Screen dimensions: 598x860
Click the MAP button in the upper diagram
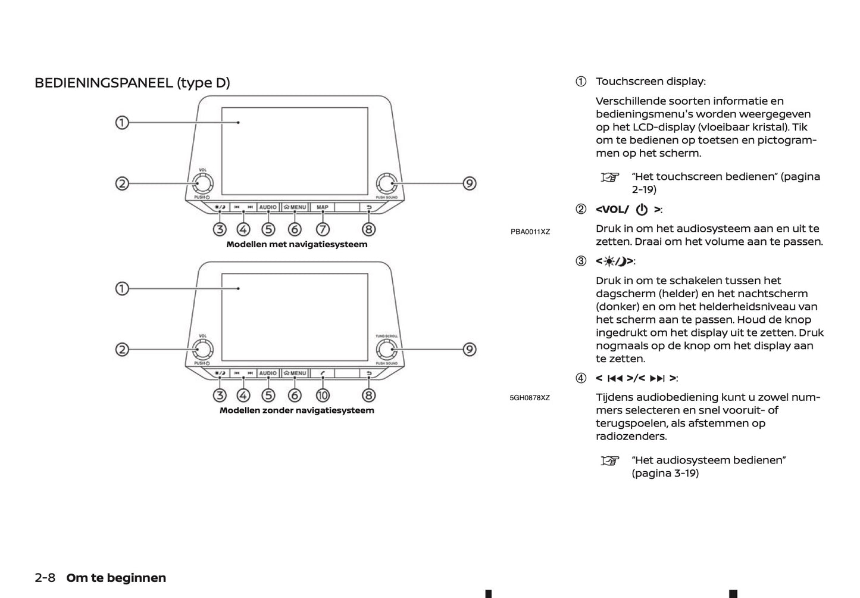pos(323,207)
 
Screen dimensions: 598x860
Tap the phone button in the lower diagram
pos(323,373)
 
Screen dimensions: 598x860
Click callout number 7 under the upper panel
pos(323,229)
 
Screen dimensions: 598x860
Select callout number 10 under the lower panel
pos(323,395)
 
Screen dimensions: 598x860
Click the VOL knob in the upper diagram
pos(202,183)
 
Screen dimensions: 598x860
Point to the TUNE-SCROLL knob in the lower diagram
pos(386,350)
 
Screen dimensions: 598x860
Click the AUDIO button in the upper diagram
pos(268,207)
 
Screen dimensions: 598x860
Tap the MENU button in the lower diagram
pos(295,373)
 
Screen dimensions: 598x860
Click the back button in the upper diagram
pos(369,207)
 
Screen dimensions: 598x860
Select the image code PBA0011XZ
pos(530,232)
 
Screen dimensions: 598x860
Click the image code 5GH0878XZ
pos(530,398)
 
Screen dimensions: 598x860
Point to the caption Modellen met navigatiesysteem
pos(296,244)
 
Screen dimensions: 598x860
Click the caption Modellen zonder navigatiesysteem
pos(296,410)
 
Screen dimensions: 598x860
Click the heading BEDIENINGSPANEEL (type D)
pos(132,83)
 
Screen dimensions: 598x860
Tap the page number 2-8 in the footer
pos(45,578)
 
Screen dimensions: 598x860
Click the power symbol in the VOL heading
pos(642,210)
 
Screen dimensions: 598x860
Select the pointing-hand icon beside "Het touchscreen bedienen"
pos(609,177)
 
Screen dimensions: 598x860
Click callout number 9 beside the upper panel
pos(470,183)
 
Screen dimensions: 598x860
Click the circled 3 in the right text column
pos(581,261)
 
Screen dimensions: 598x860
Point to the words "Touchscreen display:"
pos(651,82)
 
